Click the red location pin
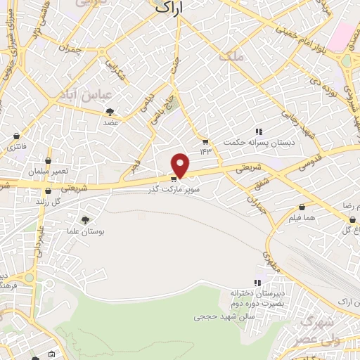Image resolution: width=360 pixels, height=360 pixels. [181, 165]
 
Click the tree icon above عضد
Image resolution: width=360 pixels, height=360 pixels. [110, 112]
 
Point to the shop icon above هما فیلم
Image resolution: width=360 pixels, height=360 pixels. [302, 207]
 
